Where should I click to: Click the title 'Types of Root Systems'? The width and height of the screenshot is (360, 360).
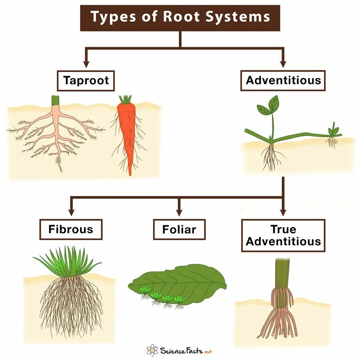(180, 18)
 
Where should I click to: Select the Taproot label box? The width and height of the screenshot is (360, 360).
(86, 80)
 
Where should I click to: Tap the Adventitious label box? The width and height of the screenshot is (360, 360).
(283, 80)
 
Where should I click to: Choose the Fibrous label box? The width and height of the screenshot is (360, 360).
(71, 229)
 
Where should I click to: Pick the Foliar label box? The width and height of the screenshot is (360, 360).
(179, 229)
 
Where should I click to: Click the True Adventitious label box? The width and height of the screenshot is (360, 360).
(283, 235)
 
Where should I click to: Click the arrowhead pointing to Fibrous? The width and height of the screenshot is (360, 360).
(71, 212)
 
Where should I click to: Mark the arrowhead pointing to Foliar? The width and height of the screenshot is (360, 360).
(179, 212)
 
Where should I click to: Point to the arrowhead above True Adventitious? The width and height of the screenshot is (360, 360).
(283, 212)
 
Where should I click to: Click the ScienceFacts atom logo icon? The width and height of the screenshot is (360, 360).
(152, 350)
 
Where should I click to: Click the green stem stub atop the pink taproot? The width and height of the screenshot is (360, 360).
(55, 100)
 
